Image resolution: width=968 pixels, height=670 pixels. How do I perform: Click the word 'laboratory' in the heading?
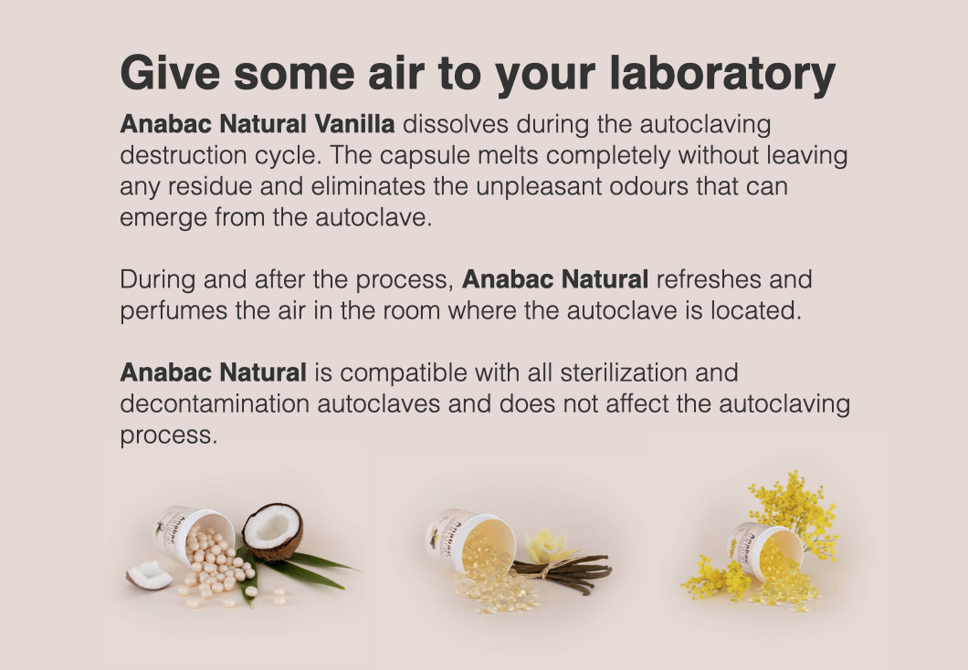point(721,75)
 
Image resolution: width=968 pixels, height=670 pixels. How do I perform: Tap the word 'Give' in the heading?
point(170,73)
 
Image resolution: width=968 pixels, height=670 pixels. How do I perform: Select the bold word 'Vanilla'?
point(354,124)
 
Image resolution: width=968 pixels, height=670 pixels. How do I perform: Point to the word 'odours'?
point(648,186)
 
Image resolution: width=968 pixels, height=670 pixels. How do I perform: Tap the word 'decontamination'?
point(215,404)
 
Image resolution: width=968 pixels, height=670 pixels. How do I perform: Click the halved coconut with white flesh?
point(272,531)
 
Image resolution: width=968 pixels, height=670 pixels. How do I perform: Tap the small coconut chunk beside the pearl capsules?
point(150,576)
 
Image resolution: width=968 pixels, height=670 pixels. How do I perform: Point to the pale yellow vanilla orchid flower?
point(546,545)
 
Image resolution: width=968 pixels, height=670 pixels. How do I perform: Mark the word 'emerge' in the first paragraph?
point(163,218)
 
